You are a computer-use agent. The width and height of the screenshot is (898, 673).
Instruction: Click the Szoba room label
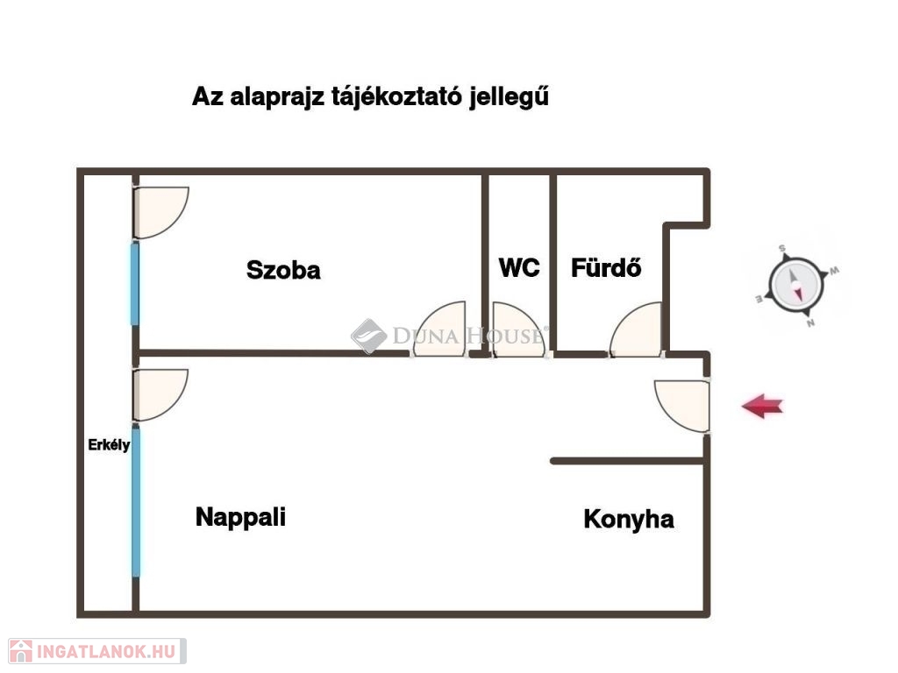point(283,270)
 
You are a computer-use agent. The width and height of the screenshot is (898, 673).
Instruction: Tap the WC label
point(519,267)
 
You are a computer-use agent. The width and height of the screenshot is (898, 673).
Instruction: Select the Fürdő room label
point(606,267)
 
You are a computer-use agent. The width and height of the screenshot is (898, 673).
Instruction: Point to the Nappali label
point(240,517)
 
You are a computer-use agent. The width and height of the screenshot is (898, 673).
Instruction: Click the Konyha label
point(629,520)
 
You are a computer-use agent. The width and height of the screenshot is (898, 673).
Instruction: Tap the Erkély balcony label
point(110,445)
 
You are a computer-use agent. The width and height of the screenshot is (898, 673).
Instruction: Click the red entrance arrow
point(762,406)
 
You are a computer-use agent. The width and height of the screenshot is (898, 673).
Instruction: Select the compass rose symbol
point(796,285)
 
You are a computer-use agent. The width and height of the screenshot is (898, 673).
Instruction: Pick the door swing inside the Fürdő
point(638,332)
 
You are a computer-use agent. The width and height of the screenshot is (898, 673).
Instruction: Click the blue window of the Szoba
point(135,283)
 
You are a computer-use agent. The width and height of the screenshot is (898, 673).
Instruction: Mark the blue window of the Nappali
point(136,501)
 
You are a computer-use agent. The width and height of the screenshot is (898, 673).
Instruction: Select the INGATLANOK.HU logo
point(94,651)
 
